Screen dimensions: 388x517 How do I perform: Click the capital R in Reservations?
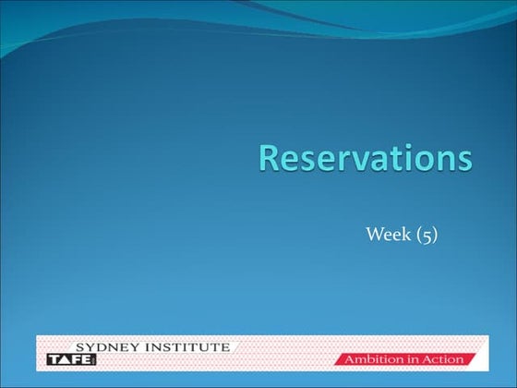[271, 158]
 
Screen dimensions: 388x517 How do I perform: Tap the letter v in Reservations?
[350, 161]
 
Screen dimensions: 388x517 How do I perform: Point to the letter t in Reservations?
[389, 159]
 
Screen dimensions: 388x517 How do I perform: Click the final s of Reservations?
[463, 161]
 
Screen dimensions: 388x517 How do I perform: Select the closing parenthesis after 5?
[433, 236]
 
